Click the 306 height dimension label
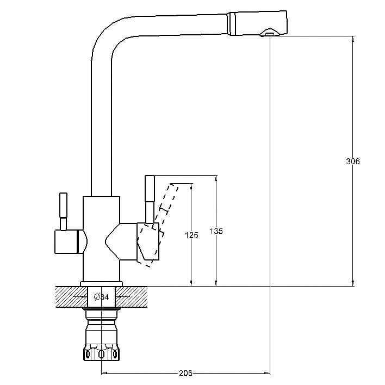(352, 162)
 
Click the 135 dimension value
(216, 231)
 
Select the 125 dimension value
(191, 235)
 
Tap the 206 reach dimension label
(185, 373)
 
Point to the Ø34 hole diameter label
(102, 297)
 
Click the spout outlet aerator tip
(269, 33)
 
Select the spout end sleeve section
(257, 23)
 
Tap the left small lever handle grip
(63, 205)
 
